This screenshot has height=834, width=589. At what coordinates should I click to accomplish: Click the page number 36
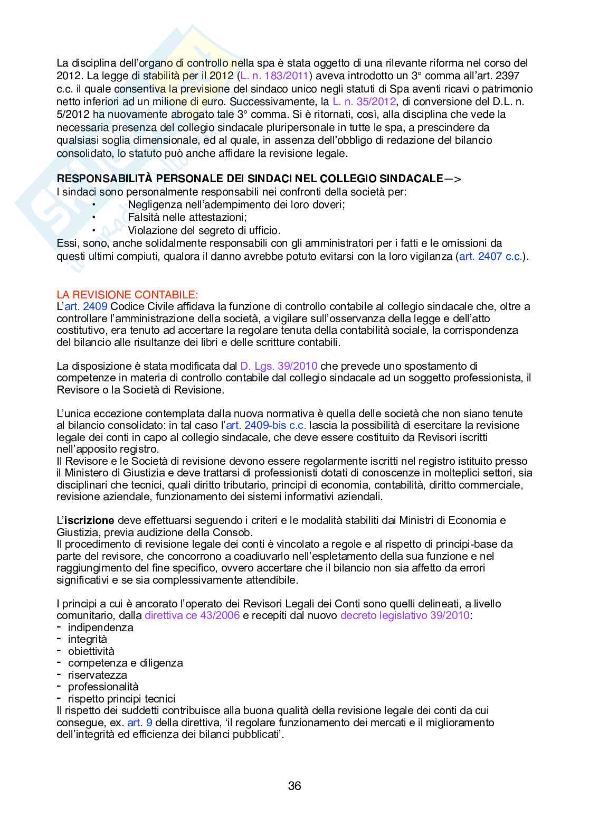(294, 786)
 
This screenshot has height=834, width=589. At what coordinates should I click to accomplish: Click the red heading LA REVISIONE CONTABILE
(127, 295)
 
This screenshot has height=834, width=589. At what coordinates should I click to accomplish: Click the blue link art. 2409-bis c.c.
(266, 426)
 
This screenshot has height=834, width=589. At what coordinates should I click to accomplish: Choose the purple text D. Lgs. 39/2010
(279, 366)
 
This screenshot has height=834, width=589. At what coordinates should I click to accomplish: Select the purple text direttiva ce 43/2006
(192, 616)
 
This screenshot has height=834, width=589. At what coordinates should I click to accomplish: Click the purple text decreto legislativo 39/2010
(404, 616)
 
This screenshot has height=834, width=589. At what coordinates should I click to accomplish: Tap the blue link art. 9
(140, 723)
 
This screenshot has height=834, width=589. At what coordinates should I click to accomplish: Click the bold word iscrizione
(89, 520)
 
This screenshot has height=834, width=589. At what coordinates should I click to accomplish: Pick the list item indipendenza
(100, 627)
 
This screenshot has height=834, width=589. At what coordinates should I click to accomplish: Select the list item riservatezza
(97, 675)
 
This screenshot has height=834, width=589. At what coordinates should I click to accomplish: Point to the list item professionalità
(103, 687)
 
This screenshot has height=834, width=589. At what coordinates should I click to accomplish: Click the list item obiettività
(91, 651)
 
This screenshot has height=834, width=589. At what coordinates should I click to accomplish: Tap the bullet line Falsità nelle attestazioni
(187, 218)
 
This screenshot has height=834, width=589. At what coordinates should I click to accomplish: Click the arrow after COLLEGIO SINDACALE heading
(453, 179)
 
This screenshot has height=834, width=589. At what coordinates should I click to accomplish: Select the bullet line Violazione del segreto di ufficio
(204, 230)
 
